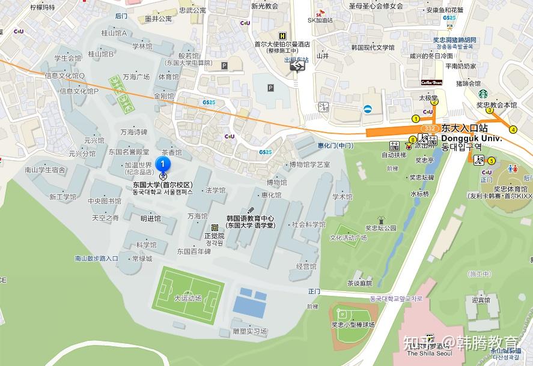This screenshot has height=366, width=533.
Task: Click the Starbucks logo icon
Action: pyautogui.click(x=482, y=93)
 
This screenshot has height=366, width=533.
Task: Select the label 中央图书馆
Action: pyautogui.click(x=105, y=202)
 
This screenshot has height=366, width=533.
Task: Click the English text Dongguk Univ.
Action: pyautogui.click(x=471, y=137)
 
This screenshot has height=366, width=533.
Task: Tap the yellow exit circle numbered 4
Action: pyautogui.click(x=513, y=130)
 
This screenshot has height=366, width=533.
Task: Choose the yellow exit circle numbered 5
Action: pyautogui.click(x=492, y=161)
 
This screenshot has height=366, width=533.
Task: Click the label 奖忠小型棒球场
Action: pyautogui.click(x=353, y=325)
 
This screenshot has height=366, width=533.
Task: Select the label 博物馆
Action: pyautogui.click(x=277, y=182)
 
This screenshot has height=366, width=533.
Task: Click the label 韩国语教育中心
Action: pyautogui.click(x=250, y=218)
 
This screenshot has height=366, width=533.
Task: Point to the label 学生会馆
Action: pyautogui.click(x=68, y=59)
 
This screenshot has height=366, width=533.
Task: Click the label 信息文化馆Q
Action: pyautogui.click(x=64, y=76)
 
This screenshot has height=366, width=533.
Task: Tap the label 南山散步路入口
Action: pyautogui.click(x=96, y=259)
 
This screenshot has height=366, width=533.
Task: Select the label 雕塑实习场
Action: pyautogui.click(x=249, y=331)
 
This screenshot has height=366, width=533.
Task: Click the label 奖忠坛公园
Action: pyautogui.click(x=381, y=228)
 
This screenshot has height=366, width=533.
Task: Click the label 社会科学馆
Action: pyautogui.click(x=308, y=224)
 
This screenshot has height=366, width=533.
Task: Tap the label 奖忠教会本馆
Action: pyautogui.click(x=496, y=105)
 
